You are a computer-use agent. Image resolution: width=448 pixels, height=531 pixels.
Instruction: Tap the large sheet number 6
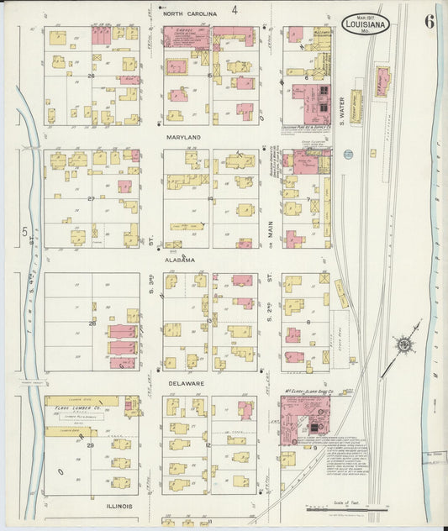(429, 21)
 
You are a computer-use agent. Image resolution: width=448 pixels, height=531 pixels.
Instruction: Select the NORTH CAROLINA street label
(190, 13)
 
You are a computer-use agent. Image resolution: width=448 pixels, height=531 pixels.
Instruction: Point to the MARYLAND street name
(182, 137)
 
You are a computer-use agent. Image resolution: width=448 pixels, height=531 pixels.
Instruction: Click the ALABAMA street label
(182, 260)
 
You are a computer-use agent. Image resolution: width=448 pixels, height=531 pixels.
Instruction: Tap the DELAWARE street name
(182, 384)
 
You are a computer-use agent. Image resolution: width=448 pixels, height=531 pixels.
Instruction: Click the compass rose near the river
(405, 344)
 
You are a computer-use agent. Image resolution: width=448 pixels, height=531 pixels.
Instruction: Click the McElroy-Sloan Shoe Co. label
(313, 392)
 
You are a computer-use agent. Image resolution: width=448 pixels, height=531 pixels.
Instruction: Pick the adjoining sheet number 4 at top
(235, 10)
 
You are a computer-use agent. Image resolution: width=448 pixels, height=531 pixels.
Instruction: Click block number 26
(90, 75)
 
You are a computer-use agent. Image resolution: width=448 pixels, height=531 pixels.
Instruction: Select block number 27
(90, 199)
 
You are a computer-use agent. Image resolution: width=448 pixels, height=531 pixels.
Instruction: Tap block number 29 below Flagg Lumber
(90, 445)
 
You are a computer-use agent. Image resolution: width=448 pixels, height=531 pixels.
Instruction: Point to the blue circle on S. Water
(348, 155)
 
